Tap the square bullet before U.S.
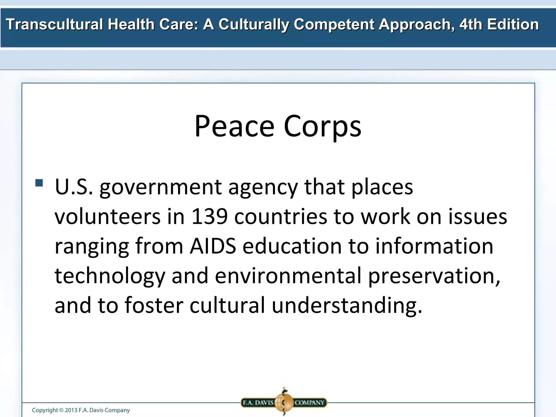[39, 183]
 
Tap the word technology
[110, 276]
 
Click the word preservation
[434, 276]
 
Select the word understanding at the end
[347, 305]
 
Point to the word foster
[154, 305]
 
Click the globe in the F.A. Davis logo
[284, 402]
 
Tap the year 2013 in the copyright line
[71, 410]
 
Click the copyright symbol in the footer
[61, 410]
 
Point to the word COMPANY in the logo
[309, 402]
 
